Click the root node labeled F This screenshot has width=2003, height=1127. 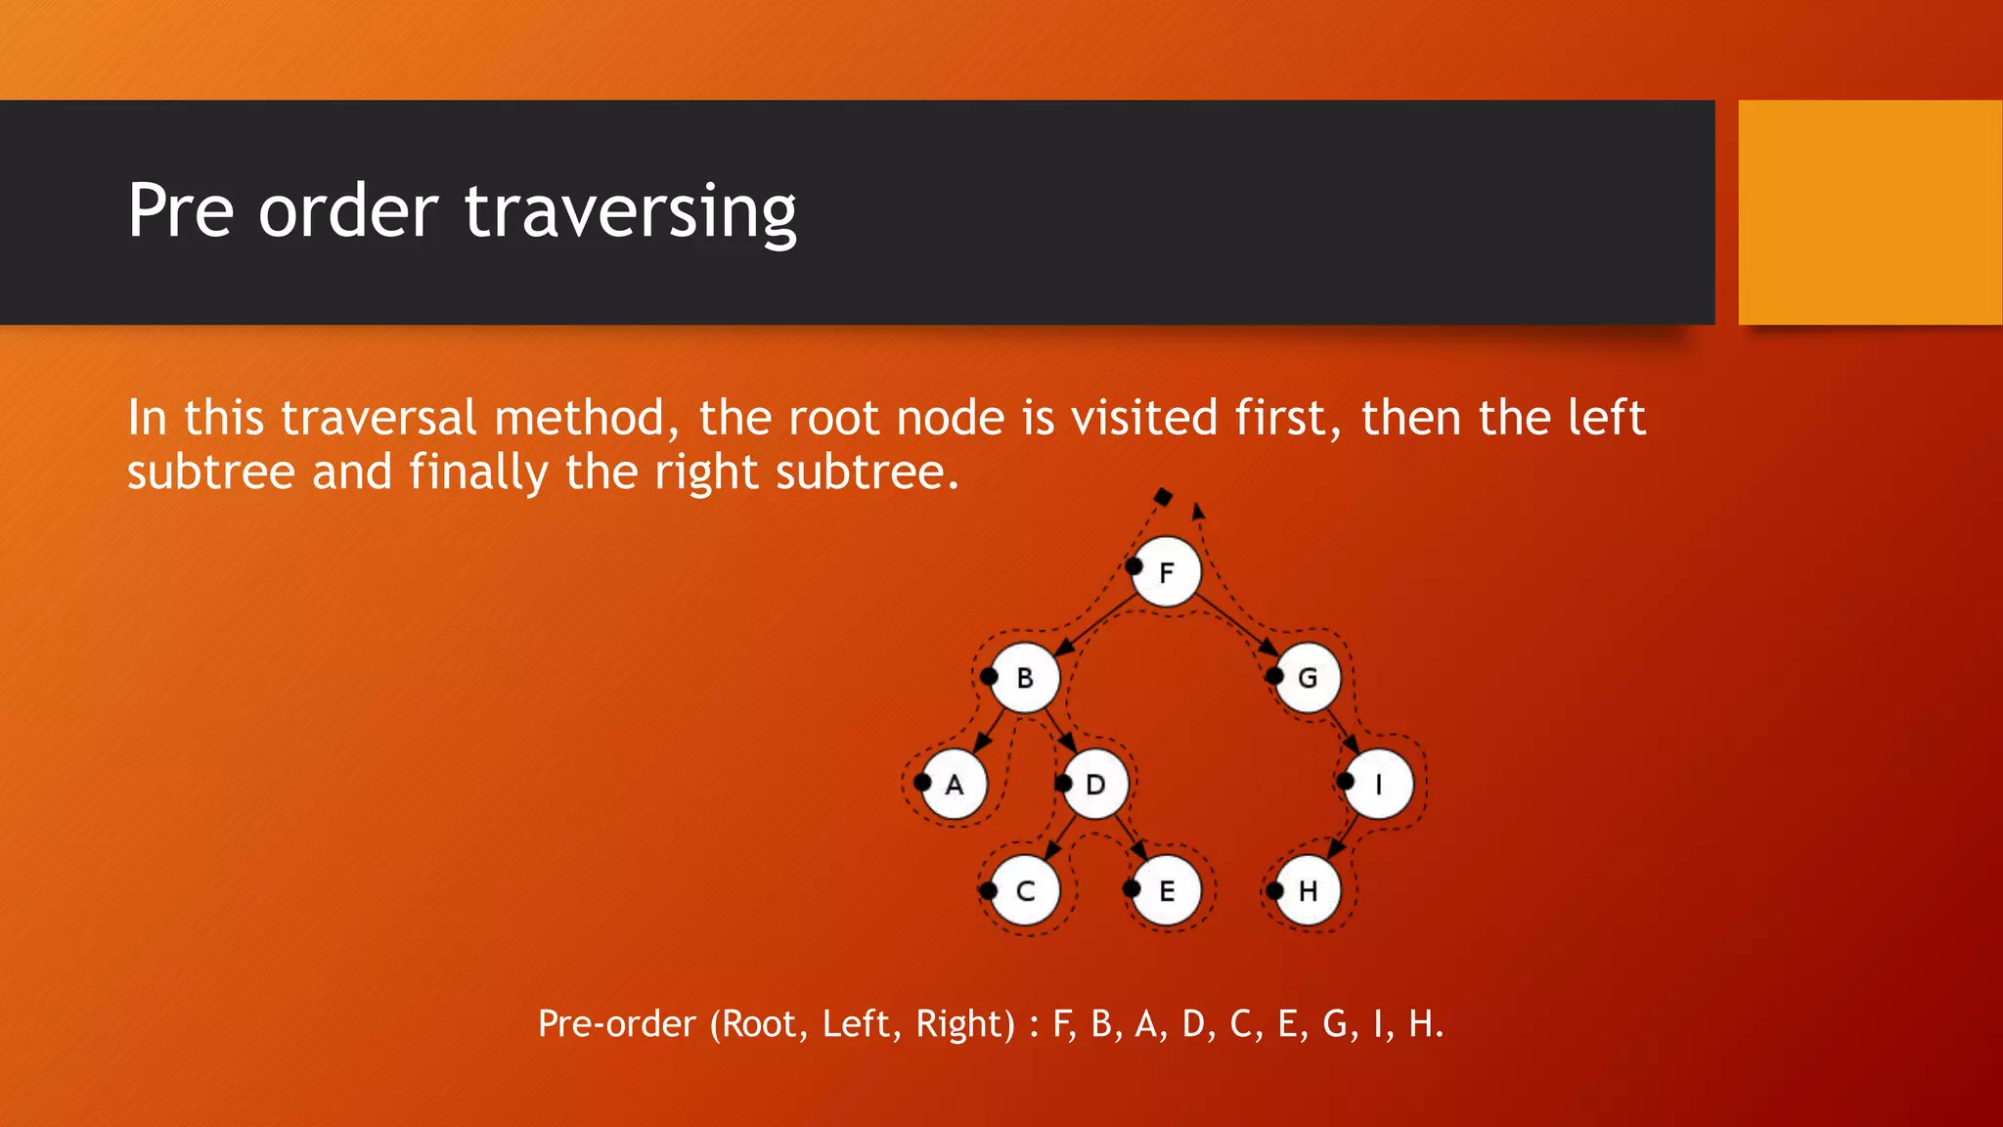[1167, 572]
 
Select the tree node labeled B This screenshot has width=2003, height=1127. [1025, 678]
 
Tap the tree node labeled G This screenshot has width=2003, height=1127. [1308, 678]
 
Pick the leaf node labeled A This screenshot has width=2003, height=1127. [955, 785]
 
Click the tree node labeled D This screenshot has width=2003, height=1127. [1095, 785]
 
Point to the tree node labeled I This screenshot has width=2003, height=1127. [1379, 785]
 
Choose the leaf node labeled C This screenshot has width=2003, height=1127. [1025, 891]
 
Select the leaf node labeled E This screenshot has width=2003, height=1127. [1167, 891]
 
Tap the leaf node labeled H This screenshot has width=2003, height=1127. [1308, 891]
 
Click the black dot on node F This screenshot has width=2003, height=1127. [1134, 566]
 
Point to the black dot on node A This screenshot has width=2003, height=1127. [922, 782]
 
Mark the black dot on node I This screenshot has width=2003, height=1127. [1346, 781]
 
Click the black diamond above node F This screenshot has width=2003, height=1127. [1162, 497]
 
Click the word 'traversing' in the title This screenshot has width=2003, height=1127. [630, 211]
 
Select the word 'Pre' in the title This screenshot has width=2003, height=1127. [181, 211]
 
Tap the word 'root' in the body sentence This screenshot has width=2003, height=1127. [835, 419]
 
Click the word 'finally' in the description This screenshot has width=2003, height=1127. [478, 473]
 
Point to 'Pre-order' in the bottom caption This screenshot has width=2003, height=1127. [616, 1024]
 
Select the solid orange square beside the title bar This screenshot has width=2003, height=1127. [1870, 211]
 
